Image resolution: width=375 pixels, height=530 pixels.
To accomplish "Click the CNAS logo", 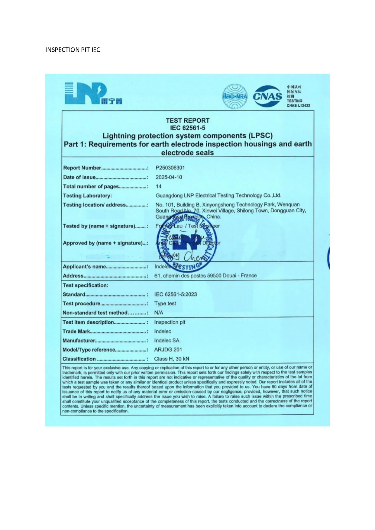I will [x=267, y=96].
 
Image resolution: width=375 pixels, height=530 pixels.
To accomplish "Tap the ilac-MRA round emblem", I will [x=235, y=96].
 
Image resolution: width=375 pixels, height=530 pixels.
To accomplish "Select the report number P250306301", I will [x=170, y=168].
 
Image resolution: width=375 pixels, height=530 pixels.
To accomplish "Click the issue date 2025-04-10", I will [x=169, y=177].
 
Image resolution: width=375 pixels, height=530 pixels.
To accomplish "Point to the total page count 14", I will [x=158, y=186].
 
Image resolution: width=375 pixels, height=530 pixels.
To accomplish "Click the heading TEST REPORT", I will [x=187, y=120].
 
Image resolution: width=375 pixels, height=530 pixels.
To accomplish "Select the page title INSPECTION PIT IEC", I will [x=73, y=50].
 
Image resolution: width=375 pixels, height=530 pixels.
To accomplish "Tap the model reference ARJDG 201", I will [x=168, y=349].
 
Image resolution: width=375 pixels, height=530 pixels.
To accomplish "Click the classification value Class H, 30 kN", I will [x=171, y=359].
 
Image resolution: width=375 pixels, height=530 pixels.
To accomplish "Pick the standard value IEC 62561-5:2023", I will [x=175, y=294].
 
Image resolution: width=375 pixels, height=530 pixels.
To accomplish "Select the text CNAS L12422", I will [x=298, y=105].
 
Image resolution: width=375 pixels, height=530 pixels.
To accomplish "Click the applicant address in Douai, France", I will [x=205, y=275].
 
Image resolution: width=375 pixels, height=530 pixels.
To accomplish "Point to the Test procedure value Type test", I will [x=165, y=304].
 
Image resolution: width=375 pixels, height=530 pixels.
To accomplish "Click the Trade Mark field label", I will [x=76, y=331].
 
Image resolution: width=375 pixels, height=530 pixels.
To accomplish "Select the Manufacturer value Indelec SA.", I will [x=167, y=340].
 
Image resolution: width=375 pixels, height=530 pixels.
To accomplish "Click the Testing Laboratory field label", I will [x=87, y=196].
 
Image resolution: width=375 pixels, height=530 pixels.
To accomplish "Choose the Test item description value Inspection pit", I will [x=170, y=322].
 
